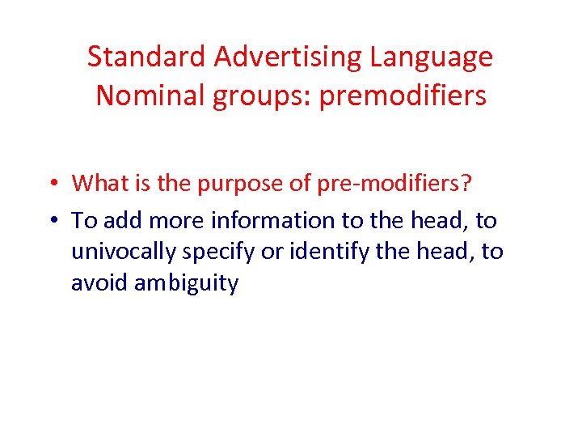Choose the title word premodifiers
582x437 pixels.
pos(403,95)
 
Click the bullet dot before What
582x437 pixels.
pos(51,184)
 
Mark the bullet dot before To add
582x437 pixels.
pos(51,220)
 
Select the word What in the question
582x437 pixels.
pos(99,183)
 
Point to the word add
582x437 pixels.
pos(120,220)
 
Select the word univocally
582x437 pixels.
pos(124,252)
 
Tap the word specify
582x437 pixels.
pos(217,252)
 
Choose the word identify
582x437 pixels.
pos(319,252)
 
